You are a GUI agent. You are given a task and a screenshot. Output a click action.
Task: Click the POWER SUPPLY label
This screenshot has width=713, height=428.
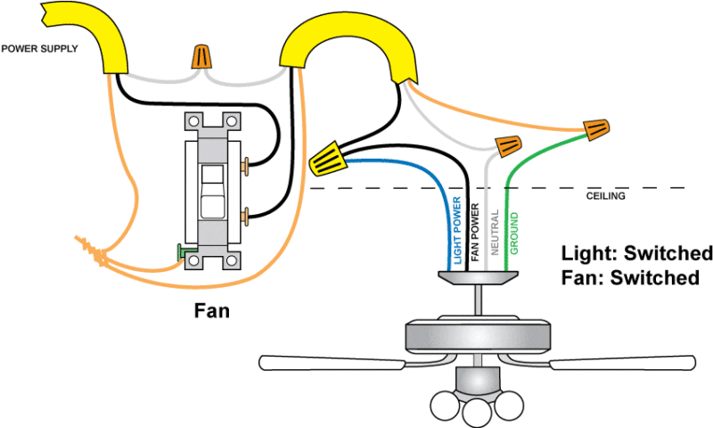[x=39, y=48]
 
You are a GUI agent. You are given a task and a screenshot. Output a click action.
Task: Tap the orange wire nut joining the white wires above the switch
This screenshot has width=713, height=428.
[x=204, y=58]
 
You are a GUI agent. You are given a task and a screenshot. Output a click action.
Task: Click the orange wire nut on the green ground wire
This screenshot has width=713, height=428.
[x=594, y=131]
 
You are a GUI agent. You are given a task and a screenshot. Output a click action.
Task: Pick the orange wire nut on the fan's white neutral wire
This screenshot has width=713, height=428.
[x=508, y=144]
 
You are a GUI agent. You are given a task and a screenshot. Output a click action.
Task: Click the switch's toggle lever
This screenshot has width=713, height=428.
[x=211, y=192]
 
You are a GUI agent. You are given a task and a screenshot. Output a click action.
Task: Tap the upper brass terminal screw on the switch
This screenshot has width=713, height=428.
[x=245, y=163]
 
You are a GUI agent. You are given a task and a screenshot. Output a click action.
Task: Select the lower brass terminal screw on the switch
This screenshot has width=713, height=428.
[x=245, y=214]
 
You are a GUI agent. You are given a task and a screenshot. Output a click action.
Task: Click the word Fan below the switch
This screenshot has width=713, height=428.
[x=212, y=311]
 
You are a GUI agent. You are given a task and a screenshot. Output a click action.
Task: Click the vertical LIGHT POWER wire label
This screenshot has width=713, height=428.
[x=456, y=229]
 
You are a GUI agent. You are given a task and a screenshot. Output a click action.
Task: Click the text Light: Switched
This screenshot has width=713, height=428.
[x=636, y=251]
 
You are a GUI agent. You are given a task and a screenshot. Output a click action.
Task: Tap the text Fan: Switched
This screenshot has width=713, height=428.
[x=629, y=278]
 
